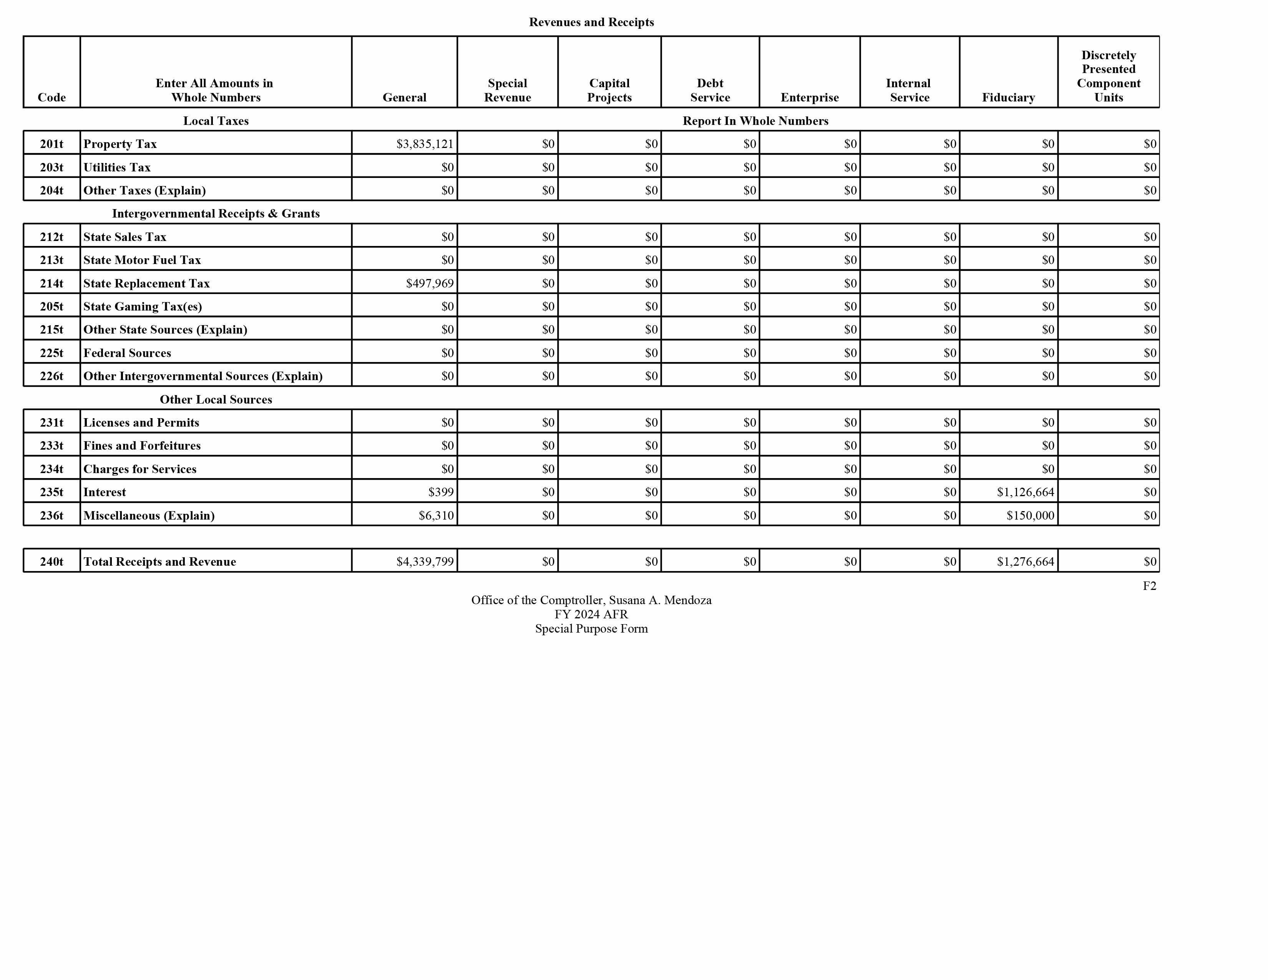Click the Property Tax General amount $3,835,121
tap(425, 144)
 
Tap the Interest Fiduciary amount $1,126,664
tap(1025, 492)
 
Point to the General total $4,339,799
tap(425, 561)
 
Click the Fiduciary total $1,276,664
tap(1025, 561)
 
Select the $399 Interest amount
tap(441, 492)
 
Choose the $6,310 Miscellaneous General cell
tap(436, 515)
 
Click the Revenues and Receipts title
tap(591, 22)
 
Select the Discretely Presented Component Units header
tap(1108, 76)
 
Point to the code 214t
tap(51, 283)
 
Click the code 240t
tap(51, 561)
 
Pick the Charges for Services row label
tap(140, 469)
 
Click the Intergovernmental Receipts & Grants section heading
tap(216, 214)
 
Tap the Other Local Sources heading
tap(216, 399)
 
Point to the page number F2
tap(1149, 586)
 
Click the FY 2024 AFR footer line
tap(591, 614)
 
